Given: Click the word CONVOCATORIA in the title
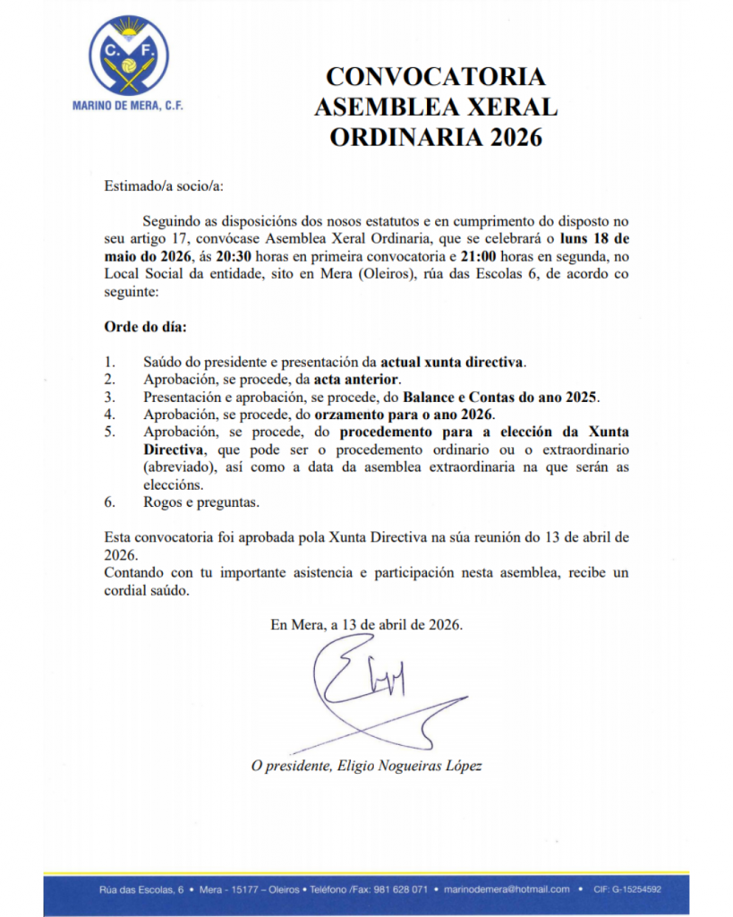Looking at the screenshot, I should tap(435, 75).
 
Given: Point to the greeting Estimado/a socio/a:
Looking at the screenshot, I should tap(164, 186).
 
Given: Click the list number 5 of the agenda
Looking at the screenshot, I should tap(109, 432).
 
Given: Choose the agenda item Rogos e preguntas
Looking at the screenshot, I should tap(201, 502).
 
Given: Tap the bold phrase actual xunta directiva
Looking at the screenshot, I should tap(452, 363).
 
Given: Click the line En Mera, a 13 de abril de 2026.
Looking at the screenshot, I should tap(367, 625).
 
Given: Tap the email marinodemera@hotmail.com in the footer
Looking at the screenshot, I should tap(510, 889).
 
